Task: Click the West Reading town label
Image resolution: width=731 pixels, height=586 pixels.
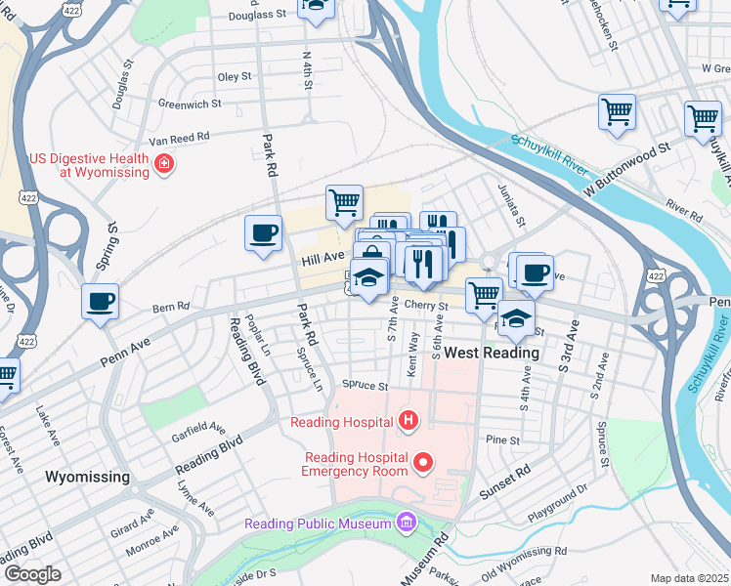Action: (492, 353)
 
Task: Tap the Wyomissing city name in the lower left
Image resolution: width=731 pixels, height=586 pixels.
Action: (88, 477)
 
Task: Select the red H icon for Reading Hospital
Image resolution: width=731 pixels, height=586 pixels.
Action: (408, 422)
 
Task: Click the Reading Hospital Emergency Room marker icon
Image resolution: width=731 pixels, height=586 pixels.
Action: (423, 461)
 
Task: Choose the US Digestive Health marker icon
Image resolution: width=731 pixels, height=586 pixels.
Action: (165, 164)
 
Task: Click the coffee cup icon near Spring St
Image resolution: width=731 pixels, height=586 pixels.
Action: (100, 301)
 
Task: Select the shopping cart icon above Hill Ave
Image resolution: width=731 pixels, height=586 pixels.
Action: (344, 202)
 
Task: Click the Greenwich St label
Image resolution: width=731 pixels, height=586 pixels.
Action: (190, 103)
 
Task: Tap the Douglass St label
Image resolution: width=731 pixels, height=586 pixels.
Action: (256, 16)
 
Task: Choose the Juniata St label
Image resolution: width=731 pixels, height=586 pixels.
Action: (512, 205)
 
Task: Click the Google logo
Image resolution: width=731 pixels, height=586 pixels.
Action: (32, 574)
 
